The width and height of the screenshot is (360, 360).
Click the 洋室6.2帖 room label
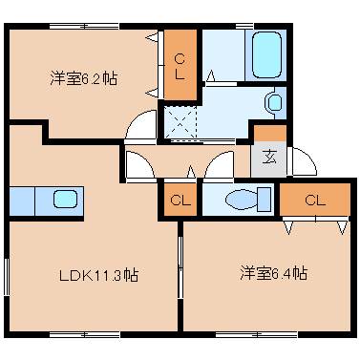pyautogui.click(x=84, y=79)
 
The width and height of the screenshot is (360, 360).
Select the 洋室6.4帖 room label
pyautogui.click(x=273, y=273)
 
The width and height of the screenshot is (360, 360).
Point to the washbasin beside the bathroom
pyautogui.click(x=274, y=101)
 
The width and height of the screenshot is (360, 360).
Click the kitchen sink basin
pyautogui.click(x=64, y=201)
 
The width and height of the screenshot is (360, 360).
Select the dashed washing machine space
pyautogui.click(x=179, y=123)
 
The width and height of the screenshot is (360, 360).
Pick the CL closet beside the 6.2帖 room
pyautogui.click(x=179, y=63)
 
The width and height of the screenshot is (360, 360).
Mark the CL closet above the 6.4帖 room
pyautogui.click(x=315, y=200)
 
